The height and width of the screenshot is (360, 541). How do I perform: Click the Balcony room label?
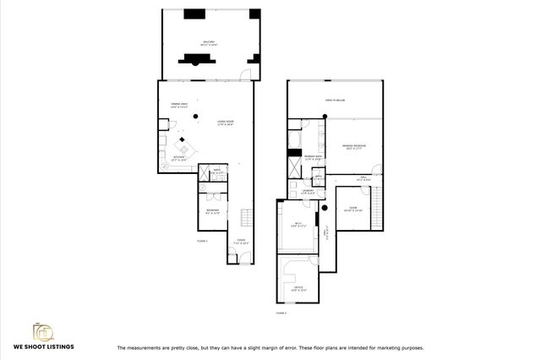pos(207,43)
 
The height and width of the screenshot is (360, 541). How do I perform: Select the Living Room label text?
pos(225,123)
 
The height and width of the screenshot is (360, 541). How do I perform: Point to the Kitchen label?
pos(179,157)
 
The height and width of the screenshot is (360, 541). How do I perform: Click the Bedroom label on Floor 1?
pos(212,210)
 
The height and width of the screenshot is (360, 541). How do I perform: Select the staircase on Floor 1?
pos(247,217)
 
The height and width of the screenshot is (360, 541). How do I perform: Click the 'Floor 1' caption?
pos(202,242)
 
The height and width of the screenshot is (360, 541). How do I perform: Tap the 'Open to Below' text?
pos(335,101)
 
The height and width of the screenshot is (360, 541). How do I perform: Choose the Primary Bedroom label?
pos(353,147)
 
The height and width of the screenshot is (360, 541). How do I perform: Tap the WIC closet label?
pos(296,226)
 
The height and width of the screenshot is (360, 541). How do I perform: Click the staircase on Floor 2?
pos(378,201)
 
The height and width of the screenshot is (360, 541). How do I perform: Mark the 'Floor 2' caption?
pos(281,313)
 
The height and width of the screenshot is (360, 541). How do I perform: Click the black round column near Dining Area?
pos(195,116)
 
